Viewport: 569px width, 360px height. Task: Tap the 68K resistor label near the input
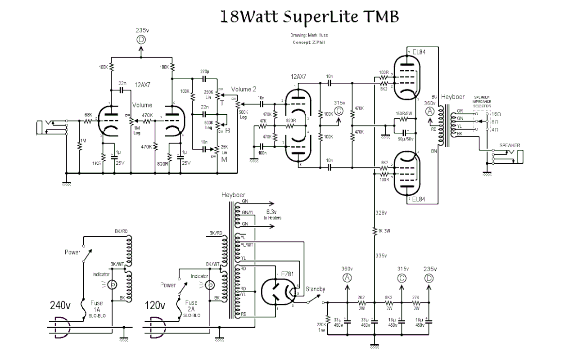tap(87, 115)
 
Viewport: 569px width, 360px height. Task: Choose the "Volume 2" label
tap(244, 89)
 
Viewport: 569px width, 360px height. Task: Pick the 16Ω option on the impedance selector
tap(495, 114)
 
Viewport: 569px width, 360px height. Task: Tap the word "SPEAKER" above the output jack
tap(509, 146)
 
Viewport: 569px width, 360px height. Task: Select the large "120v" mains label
tap(155, 306)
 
